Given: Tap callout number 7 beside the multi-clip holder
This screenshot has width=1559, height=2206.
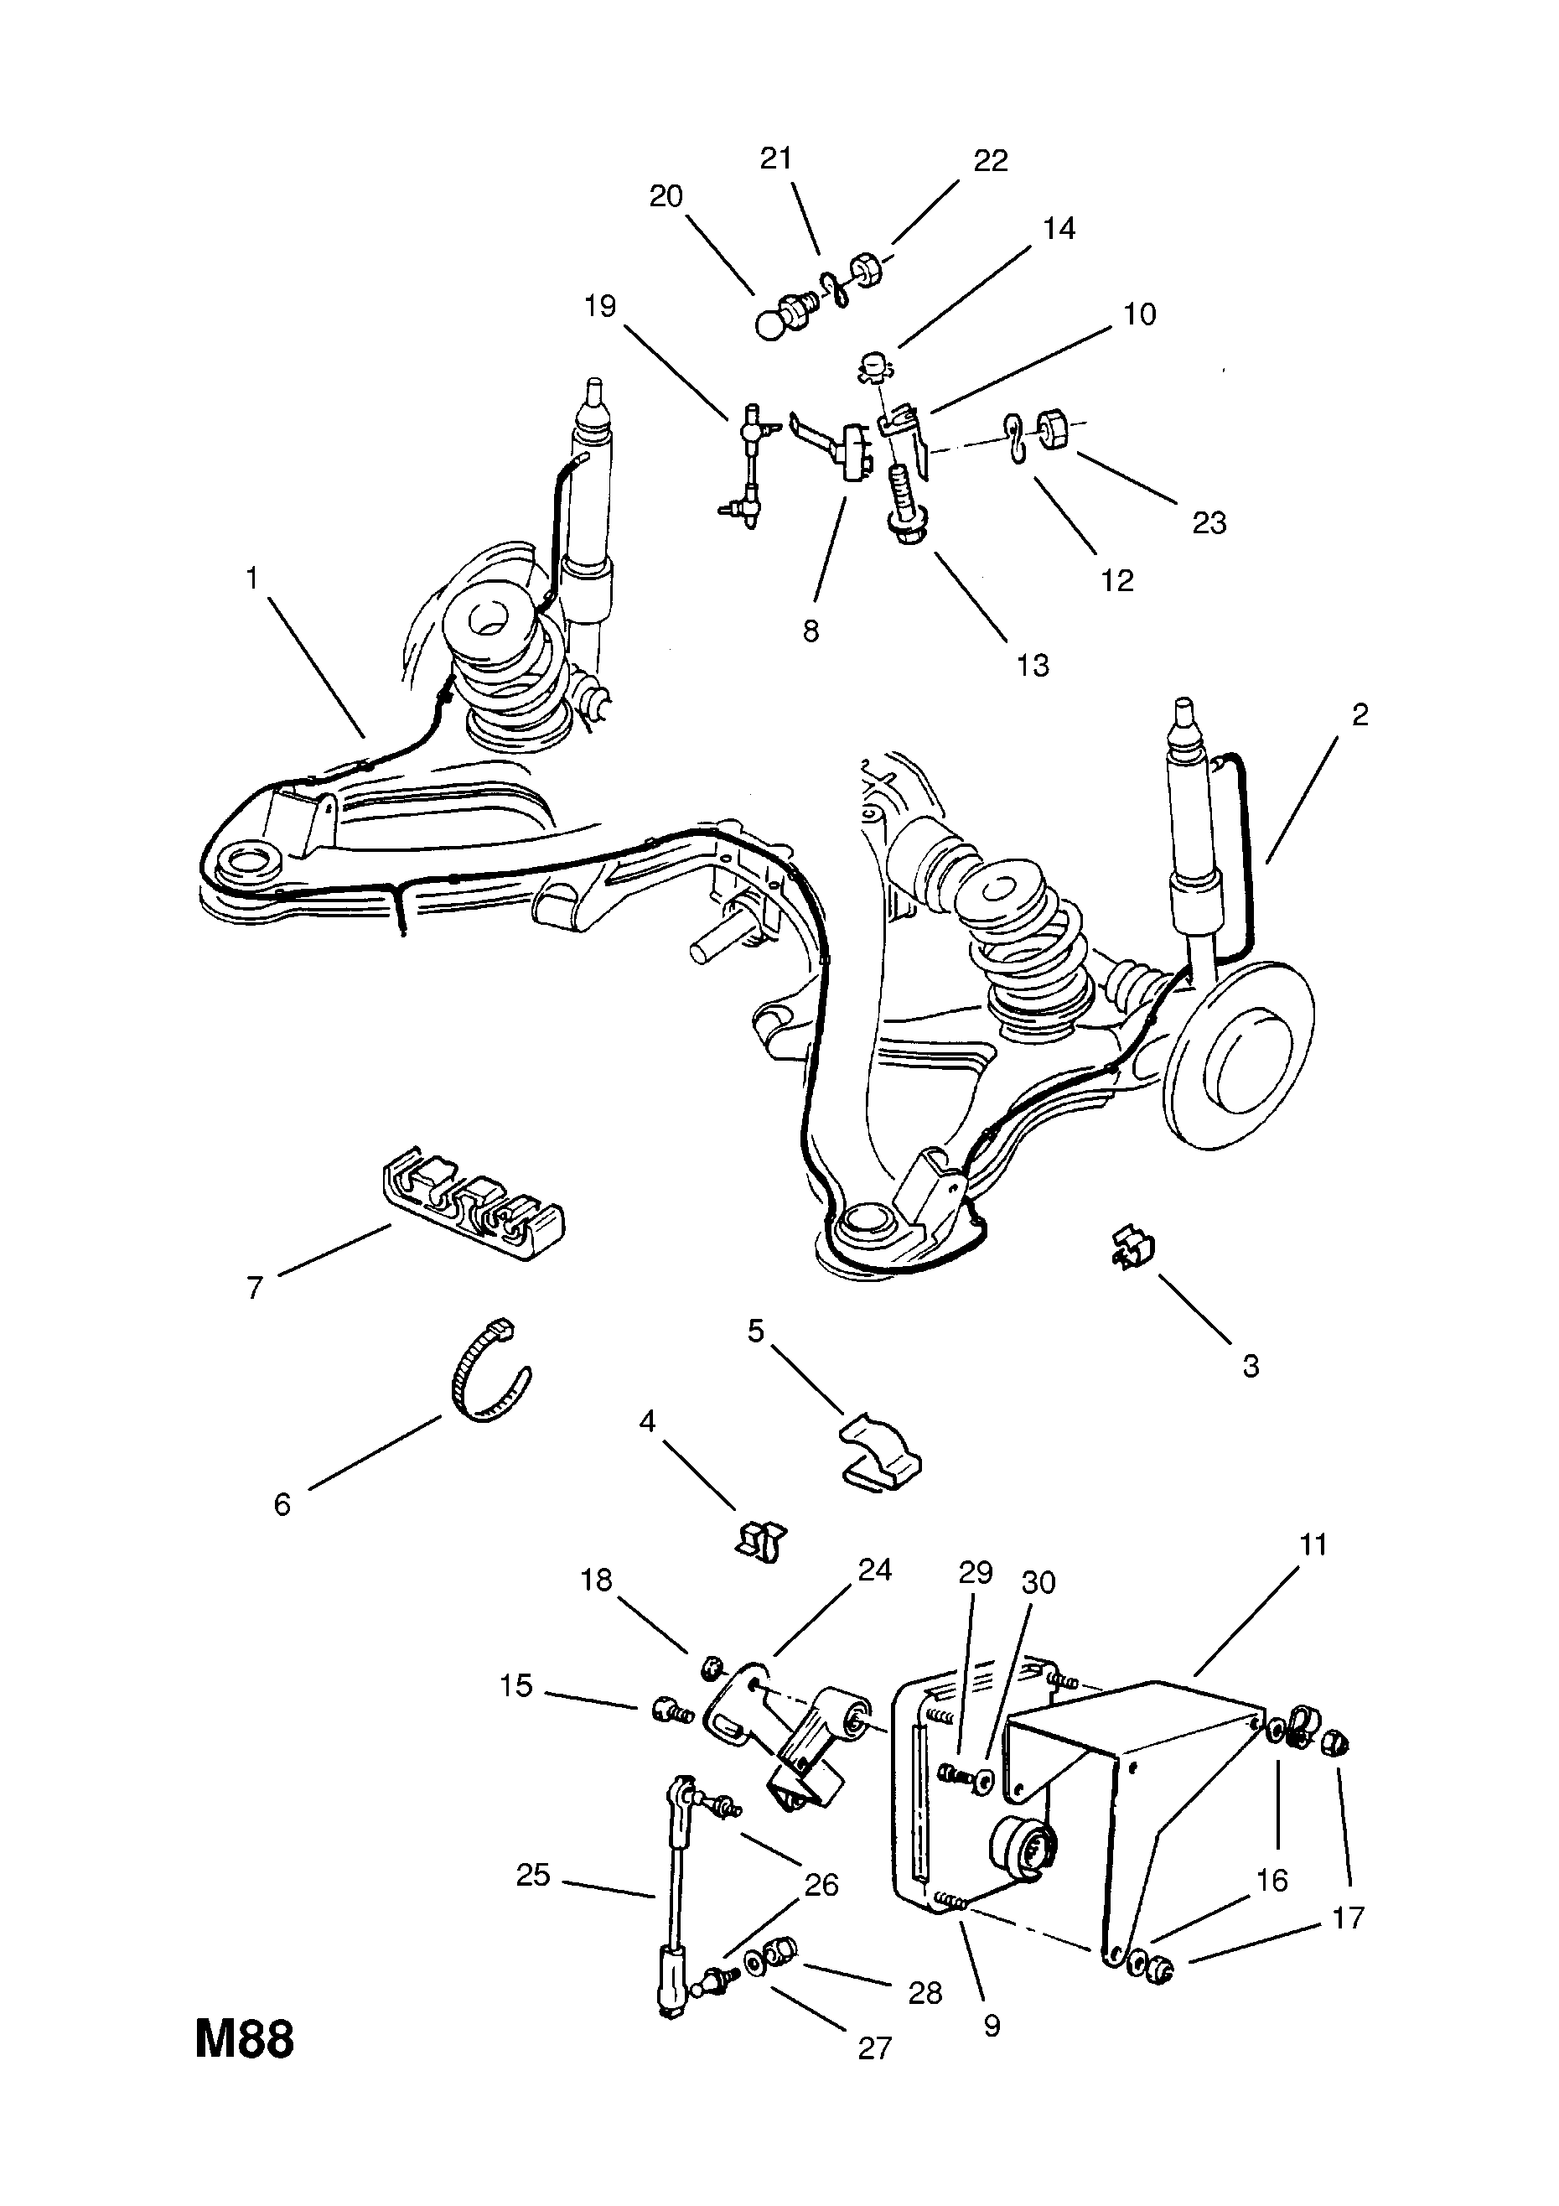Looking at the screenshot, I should click(255, 1288).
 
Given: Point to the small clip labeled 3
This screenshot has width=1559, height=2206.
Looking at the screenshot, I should click(1133, 1247).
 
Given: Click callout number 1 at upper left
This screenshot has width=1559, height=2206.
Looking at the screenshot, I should click(252, 579).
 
